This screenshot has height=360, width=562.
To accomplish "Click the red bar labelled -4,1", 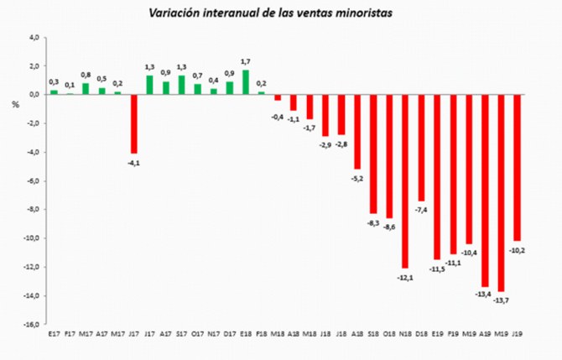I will pos(133,123).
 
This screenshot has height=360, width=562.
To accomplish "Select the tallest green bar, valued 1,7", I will pos(246,81).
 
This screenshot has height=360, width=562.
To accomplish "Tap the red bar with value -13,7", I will pos(502,192).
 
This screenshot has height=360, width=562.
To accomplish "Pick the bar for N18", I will pos(405,180).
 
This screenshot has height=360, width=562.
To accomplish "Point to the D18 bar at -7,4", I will pos(421,147).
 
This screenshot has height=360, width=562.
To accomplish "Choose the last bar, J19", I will pos(518,167).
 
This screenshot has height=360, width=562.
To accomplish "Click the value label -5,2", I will pos(356,178).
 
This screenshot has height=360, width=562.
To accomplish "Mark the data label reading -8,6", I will pos(389,227).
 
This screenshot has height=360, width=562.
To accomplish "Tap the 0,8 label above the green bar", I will pos(86,74).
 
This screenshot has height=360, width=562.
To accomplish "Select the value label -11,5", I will pos(437,269).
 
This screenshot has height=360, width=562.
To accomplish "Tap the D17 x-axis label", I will pos(230,333).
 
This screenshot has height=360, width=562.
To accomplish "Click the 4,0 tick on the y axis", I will pos(34,37).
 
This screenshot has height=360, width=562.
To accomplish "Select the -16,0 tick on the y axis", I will pos(30,325).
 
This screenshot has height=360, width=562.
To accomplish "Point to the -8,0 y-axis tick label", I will pos(32,210).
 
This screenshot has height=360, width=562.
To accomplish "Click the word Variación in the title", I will pos(176,13).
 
